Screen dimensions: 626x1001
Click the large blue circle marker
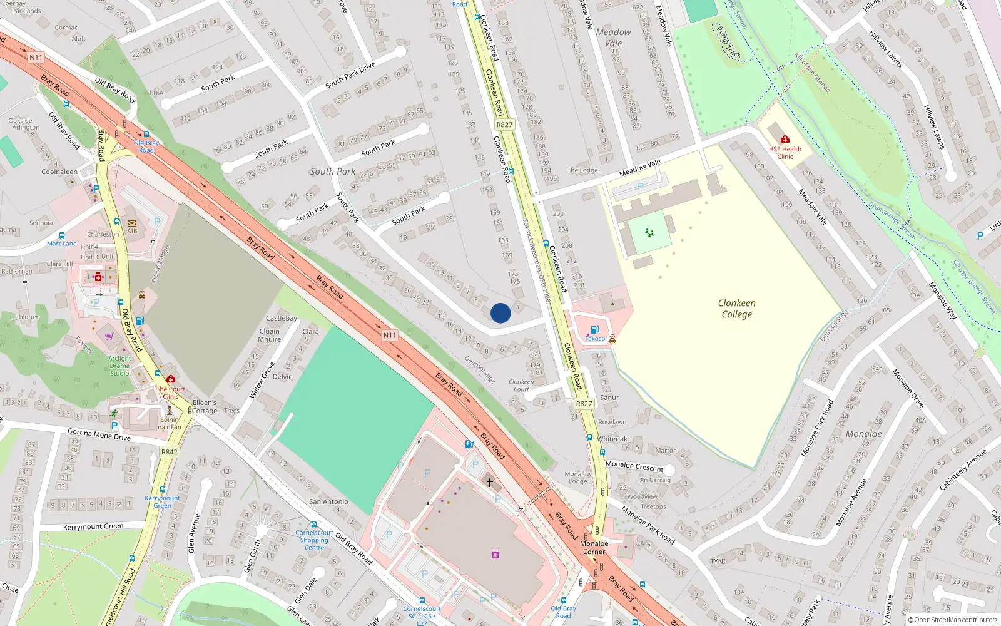tap(500, 313)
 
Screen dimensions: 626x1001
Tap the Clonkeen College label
tap(736, 309)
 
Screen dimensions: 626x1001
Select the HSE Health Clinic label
tap(785, 153)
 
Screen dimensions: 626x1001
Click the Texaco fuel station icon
tap(594, 329)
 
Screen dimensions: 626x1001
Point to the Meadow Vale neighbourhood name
tap(613, 38)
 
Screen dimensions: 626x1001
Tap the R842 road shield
tap(169, 452)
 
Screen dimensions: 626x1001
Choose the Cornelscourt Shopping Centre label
tap(314, 540)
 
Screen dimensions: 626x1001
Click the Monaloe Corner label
tap(594, 547)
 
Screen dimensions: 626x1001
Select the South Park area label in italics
tap(332, 172)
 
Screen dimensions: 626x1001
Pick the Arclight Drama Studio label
tap(119, 366)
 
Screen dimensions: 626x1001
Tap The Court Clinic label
tap(171, 393)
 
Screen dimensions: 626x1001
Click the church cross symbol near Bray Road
tap(490, 482)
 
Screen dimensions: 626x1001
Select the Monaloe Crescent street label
tap(634, 466)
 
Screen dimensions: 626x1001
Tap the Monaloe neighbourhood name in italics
tap(863, 434)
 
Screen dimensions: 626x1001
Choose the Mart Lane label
tap(61, 244)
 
